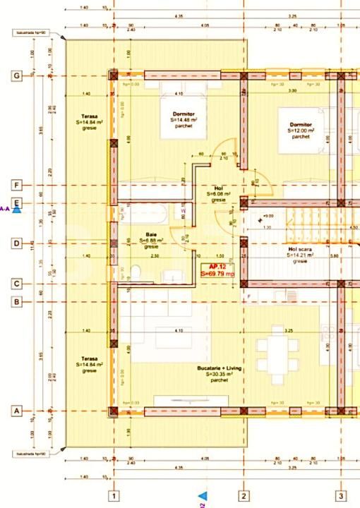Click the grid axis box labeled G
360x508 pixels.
17,75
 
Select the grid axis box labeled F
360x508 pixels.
17,186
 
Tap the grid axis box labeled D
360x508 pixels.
17,243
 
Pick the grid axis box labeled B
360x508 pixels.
17,302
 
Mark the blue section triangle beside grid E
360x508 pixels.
17,208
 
